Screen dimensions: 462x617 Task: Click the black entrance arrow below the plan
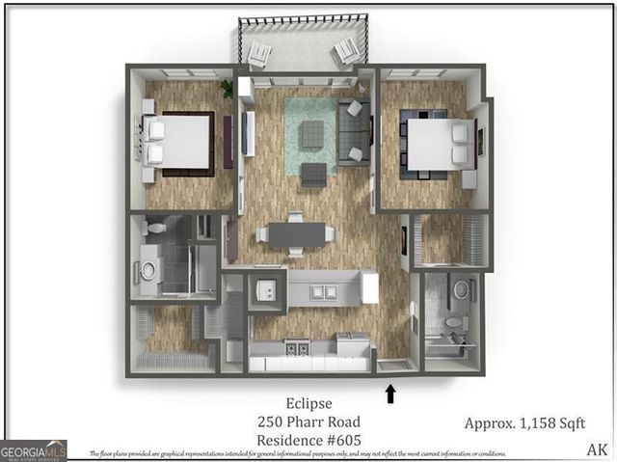[391, 393]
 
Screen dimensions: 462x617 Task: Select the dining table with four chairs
[296, 234]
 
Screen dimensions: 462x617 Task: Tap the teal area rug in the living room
[310, 135]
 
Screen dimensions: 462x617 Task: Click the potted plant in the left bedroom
[228, 89]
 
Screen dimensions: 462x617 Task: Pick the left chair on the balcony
[259, 55]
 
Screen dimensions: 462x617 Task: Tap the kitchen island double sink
[323, 291]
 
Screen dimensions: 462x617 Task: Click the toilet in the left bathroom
[156, 229]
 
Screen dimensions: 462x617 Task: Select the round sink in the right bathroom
[459, 287]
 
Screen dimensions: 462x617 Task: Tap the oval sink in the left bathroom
[148, 270]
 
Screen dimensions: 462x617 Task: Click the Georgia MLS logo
[33, 450]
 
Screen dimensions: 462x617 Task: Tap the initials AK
[597, 448]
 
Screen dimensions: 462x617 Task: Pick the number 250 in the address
[272, 421]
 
